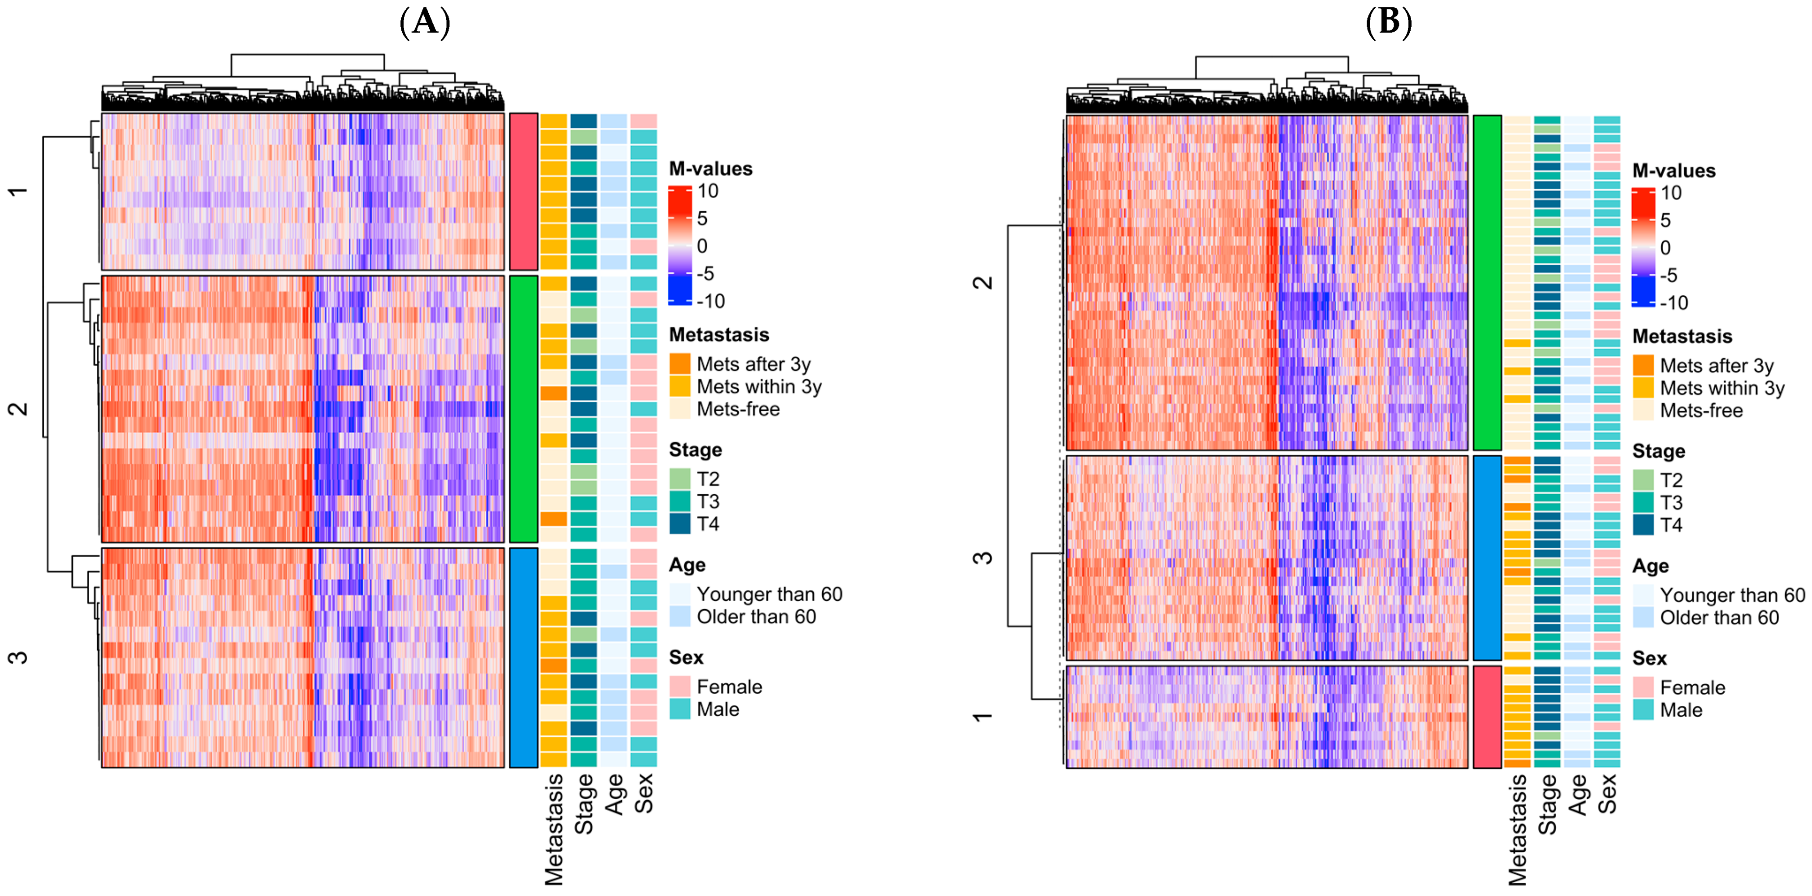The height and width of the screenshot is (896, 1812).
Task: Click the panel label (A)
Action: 425,23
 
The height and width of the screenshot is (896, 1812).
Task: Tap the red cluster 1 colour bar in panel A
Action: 523,191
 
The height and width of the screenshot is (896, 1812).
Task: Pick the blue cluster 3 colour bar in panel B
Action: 1487,558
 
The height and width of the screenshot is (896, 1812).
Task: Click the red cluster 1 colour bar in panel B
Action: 1487,717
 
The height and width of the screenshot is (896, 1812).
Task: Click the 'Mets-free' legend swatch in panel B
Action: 1643,411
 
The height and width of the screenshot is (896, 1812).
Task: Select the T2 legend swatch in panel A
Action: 679,479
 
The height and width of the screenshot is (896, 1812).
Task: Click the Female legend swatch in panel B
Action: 1643,688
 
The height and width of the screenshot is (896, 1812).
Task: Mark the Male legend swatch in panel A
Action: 679,709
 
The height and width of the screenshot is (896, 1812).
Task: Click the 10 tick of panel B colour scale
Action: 1672,193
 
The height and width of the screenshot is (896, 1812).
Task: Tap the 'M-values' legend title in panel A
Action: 710,169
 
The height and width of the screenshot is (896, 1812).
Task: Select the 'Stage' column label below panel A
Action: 584,804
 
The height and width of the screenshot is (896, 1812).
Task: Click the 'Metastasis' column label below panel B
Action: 1518,829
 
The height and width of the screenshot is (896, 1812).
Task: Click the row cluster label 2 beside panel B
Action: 983,282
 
